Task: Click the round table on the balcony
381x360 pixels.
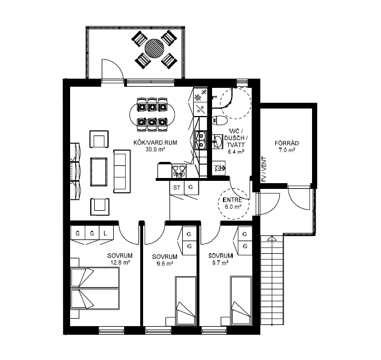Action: (155, 48)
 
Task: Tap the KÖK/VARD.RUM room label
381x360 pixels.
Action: (155, 142)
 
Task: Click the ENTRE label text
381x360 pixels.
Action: (233, 200)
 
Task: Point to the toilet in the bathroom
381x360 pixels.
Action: (219, 121)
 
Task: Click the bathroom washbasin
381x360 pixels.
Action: (218, 141)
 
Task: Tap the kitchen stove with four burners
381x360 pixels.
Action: (179, 170)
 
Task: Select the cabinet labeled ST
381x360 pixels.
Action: (176, 188)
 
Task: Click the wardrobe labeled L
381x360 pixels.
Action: (106, 233)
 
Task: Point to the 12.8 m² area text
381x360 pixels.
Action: (120, 262)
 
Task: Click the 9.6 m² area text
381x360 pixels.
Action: (165, 263)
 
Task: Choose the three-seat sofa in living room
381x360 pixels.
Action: (122, 171)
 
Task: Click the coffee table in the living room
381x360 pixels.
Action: (99, 172)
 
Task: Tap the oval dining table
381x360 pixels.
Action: (152, 114)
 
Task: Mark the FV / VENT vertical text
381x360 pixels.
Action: (264, 169)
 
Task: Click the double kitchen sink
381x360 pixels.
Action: (201, 140)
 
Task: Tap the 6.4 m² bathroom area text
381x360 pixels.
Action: (236, 152)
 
